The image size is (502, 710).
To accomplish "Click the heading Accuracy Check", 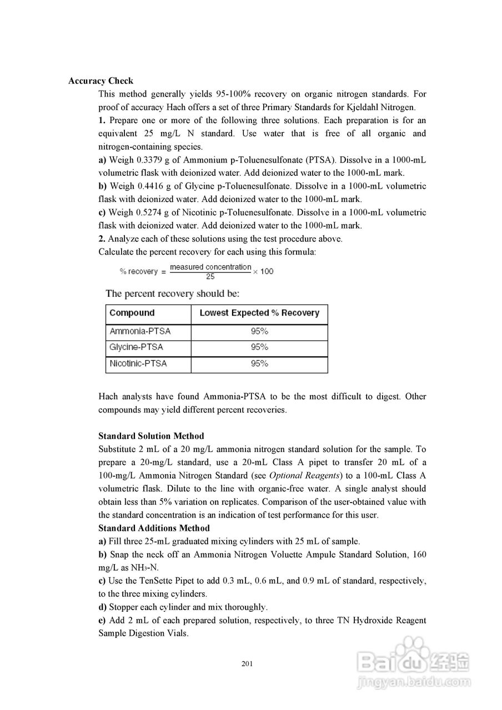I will click(x=101, y=81).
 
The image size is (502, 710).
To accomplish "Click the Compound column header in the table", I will click(x=132, y=313).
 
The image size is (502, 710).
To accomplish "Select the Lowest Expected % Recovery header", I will click(x=259, y=313).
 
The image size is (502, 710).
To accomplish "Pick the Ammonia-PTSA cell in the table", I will click(x=140, y=332).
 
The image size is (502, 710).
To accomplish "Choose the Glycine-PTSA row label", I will click(x=137, y=348).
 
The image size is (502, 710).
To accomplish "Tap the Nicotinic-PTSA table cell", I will click(x=138, y=364).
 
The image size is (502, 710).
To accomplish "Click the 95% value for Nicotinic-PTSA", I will click(x=259, y=364).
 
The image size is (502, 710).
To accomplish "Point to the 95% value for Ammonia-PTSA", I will click(x=259, y=332).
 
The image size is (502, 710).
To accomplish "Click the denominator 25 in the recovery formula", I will click(x=210, y=276).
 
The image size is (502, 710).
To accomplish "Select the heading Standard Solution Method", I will click(x=151, y=436).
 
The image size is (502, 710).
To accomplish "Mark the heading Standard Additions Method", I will click(x=154, y=528).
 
